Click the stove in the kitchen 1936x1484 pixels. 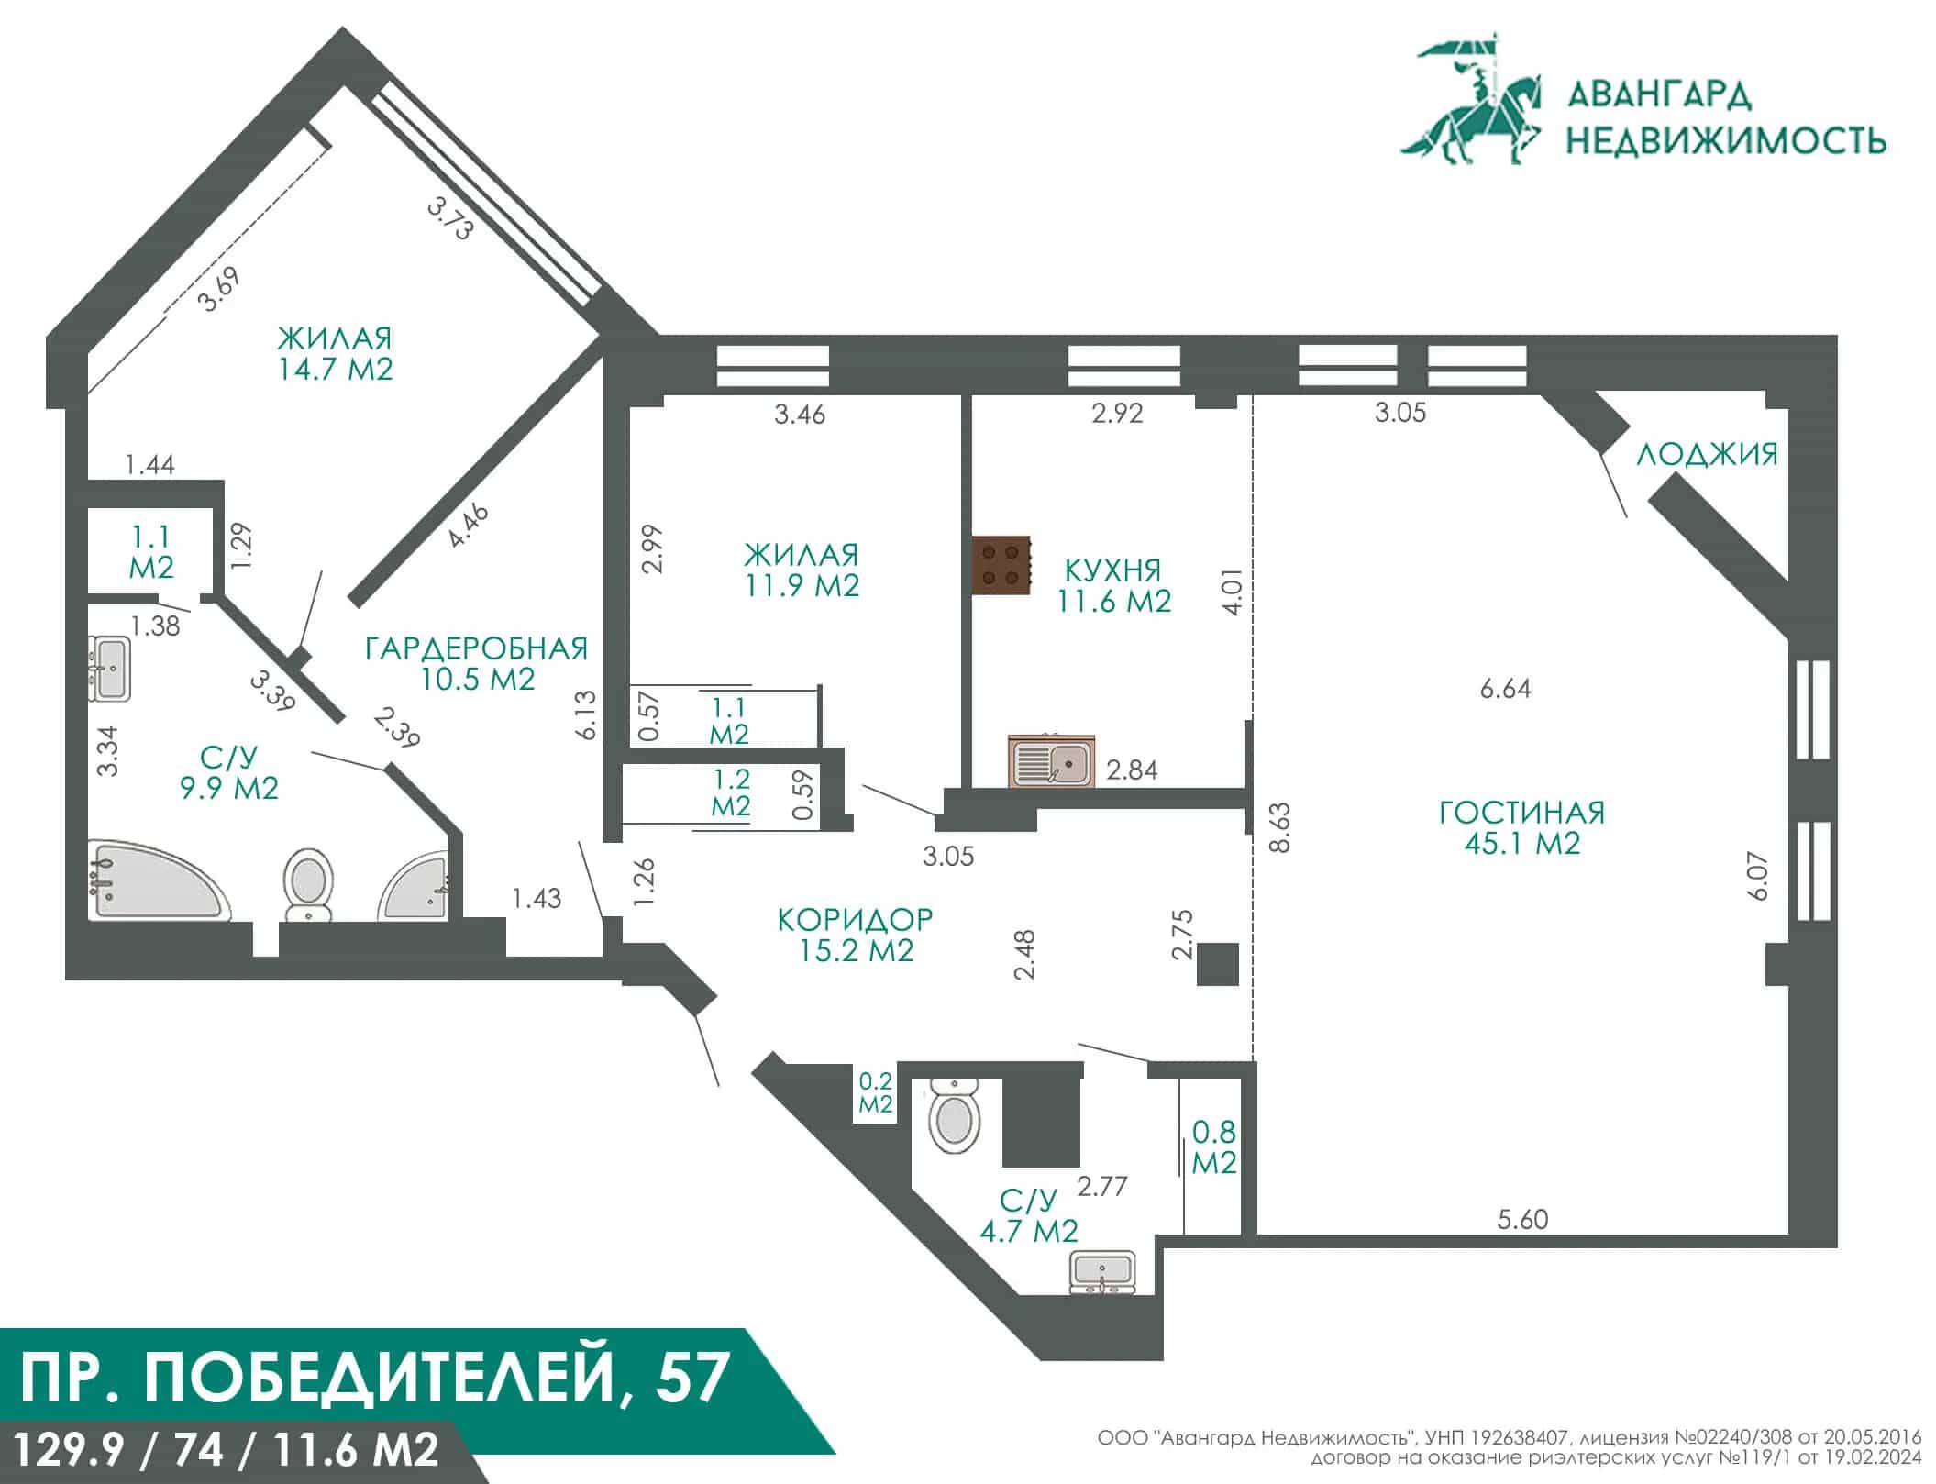1001,564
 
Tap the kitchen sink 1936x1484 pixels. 1051,760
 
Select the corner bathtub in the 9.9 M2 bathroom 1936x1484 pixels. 157,879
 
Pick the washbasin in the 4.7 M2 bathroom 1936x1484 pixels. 1102,1273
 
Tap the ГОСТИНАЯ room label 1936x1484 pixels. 1521,813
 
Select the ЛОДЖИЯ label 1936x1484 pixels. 1707,454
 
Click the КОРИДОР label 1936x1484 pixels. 855,919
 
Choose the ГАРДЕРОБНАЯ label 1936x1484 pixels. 476,648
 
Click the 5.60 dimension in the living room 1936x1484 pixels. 1522,1219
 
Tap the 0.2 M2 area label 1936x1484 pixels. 875,1093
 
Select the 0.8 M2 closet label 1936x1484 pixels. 1214,1146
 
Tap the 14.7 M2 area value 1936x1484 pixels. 335,369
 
